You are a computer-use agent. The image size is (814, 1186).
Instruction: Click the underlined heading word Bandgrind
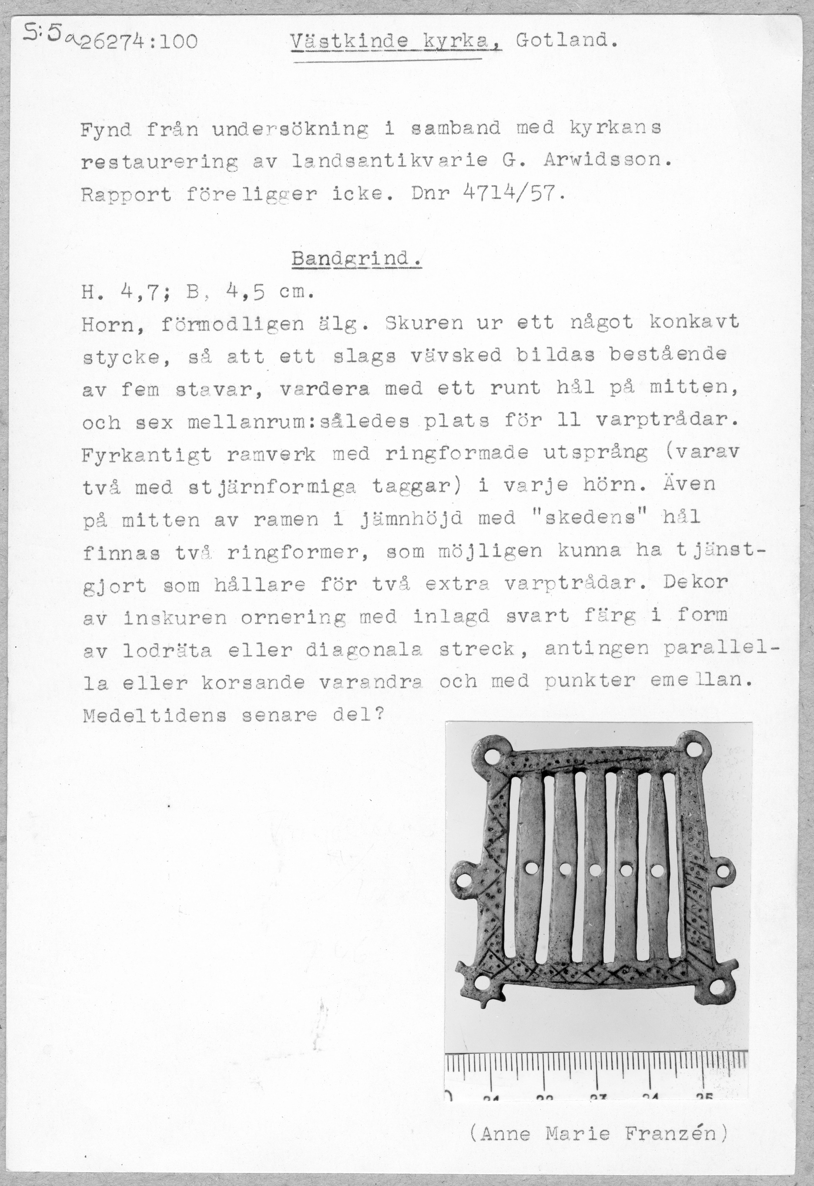pos(356,259)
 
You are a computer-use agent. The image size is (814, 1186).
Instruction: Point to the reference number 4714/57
pos(513,194)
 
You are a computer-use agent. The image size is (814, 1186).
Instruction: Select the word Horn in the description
pos(107,324)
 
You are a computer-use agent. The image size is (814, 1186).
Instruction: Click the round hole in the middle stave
pos(595,869)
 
